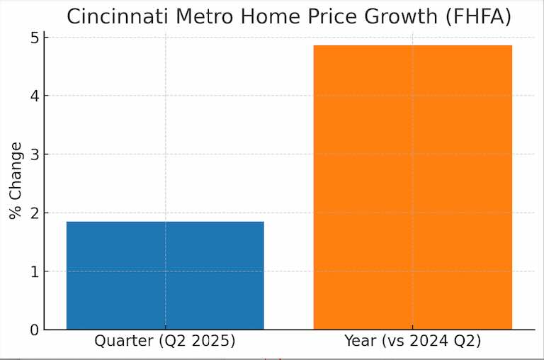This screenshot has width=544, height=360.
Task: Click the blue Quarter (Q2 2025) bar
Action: (165, 276)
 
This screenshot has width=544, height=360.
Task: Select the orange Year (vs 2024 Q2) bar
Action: (412, 188)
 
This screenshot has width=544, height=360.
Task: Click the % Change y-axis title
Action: (16, 181)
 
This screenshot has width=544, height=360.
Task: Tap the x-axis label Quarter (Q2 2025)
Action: (165, 341)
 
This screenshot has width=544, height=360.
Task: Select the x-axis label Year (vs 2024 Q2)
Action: (412, 341)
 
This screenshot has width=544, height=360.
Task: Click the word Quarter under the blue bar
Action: (123, 341)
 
